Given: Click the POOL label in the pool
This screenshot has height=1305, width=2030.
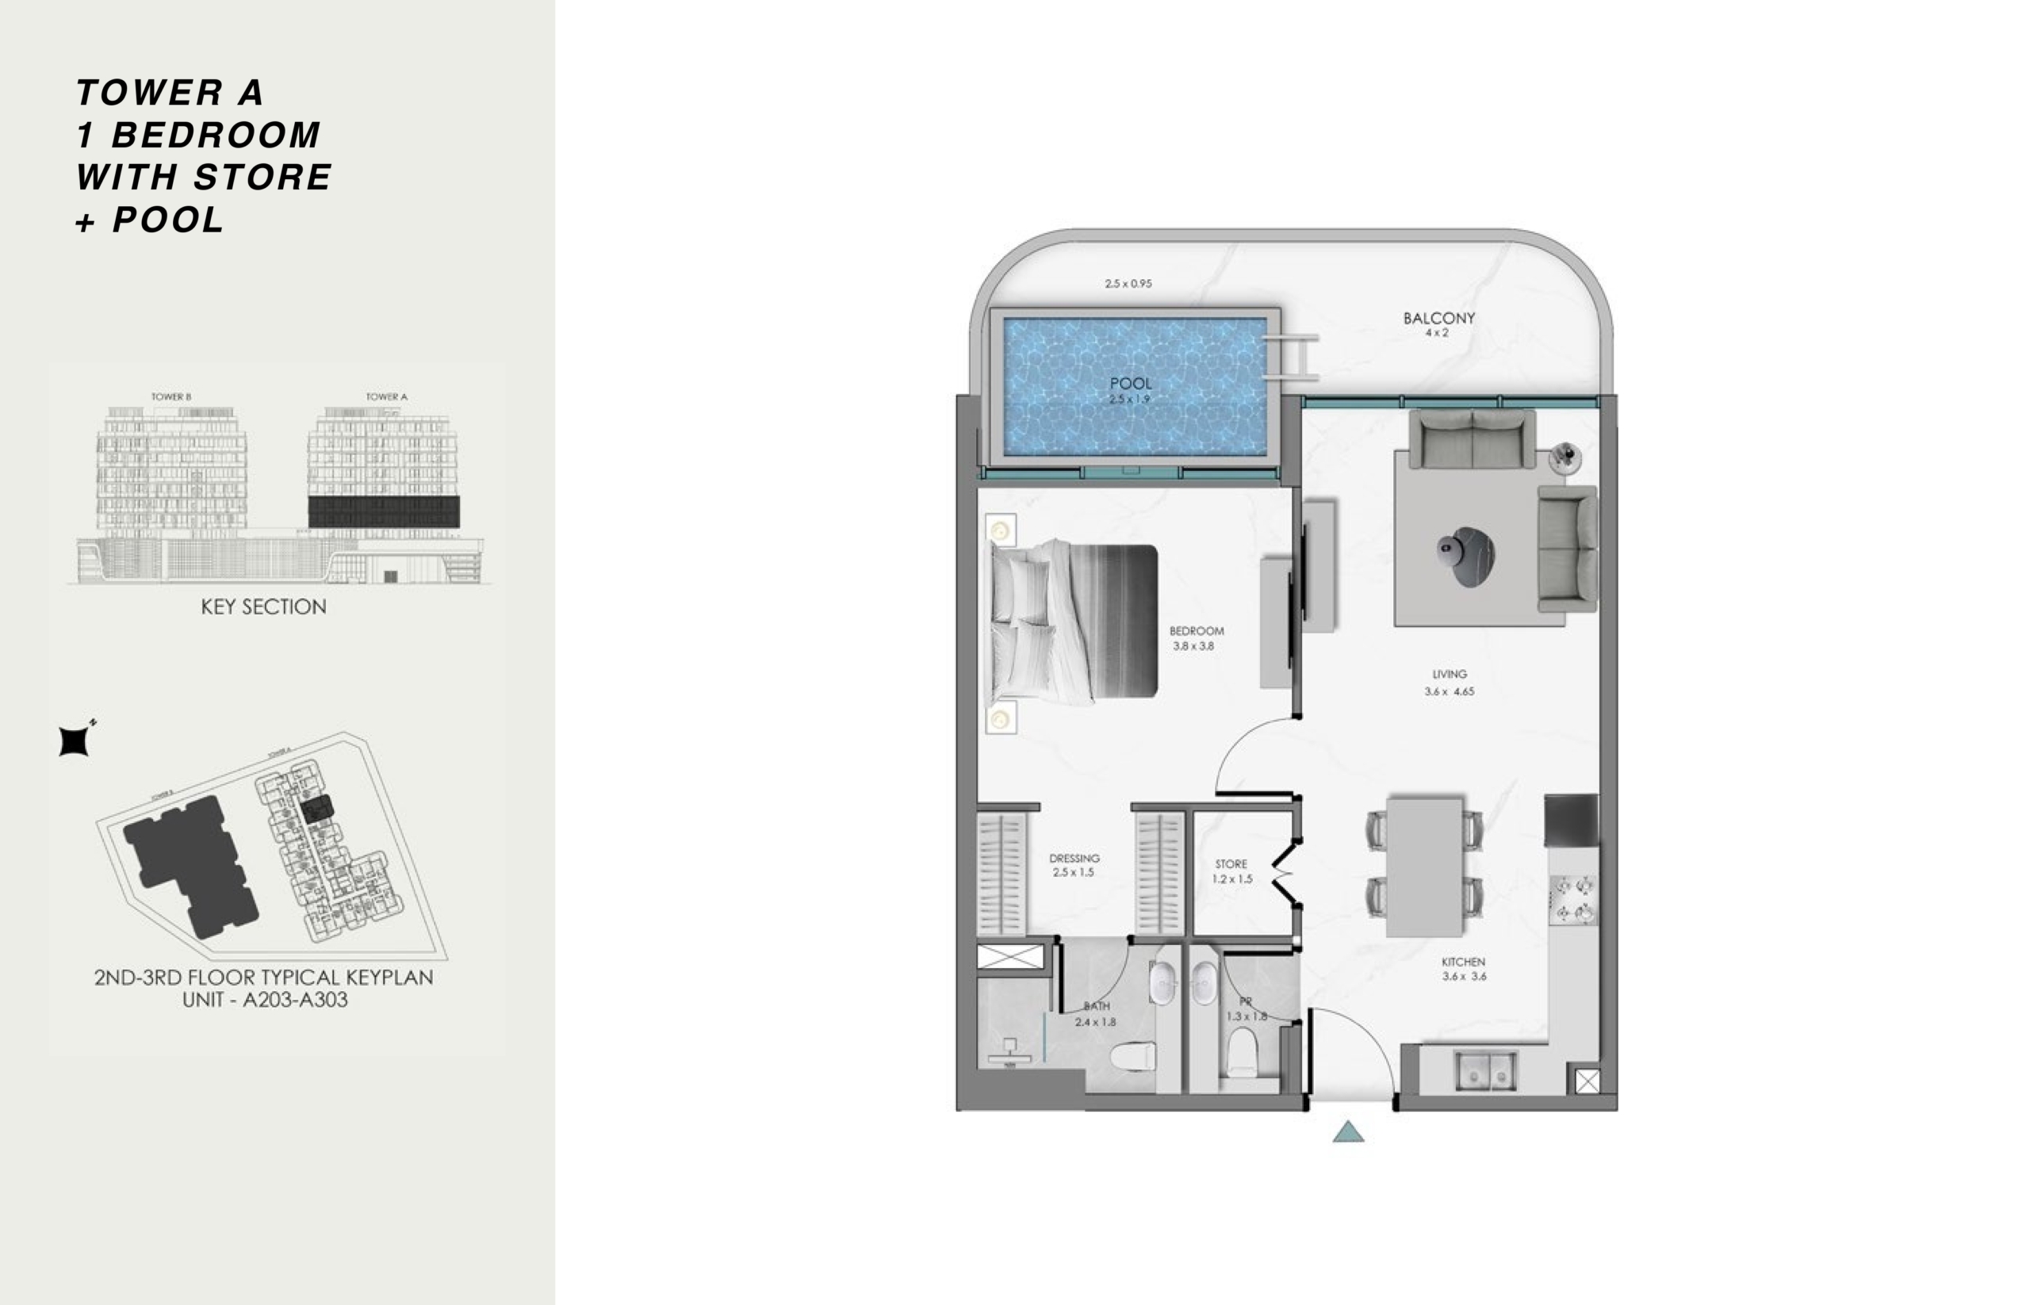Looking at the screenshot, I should [x=1131, y=384].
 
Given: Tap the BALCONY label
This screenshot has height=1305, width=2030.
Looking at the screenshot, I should [x=1438, y=319].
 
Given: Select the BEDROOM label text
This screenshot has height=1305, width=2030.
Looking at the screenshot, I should [x=1196, y=630].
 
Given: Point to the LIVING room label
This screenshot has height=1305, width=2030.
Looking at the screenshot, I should [x=1450, y=675].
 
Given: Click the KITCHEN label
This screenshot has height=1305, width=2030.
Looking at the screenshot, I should [x=1463, y=962].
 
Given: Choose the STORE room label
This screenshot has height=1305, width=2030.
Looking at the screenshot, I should [x=1231, y=864].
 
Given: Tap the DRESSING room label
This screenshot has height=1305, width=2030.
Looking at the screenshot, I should [x=1074, y=859].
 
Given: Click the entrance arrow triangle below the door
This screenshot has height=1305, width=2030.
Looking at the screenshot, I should [x=1348, y=1132].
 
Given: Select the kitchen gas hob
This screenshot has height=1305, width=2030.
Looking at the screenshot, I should [x=1573, y=900].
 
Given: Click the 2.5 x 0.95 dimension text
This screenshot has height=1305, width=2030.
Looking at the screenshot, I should [x=1128, y=284].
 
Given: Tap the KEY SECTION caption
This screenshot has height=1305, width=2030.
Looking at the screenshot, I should [x=263, y=607].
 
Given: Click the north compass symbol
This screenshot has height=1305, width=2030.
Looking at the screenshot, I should [x=75, y=741].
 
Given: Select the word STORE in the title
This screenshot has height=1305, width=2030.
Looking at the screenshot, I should [x=262, y=177].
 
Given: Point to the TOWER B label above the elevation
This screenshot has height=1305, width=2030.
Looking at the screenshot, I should [x=171, y=396].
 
